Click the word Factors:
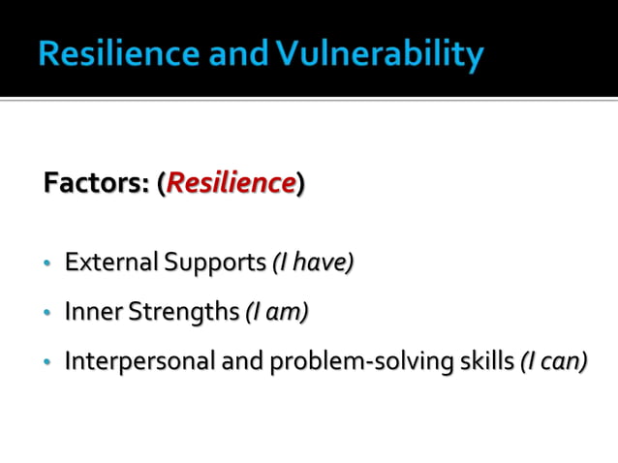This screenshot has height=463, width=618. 96,183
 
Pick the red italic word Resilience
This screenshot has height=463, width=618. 231,183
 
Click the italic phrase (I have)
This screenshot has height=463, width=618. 312,262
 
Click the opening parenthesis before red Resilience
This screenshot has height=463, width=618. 161,184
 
